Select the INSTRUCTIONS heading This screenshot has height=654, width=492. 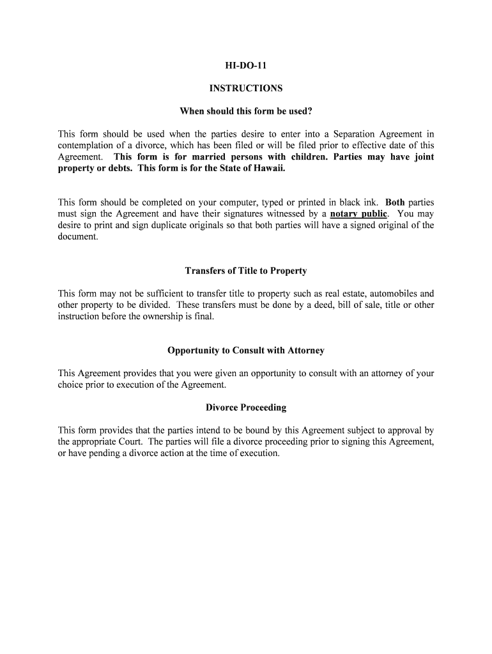(246, 88)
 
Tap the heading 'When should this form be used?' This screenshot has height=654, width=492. (246, 111)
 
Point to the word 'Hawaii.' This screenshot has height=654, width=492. (269, 168)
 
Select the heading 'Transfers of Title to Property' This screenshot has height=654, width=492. (246, 271)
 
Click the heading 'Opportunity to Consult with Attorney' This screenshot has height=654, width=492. (246, 351)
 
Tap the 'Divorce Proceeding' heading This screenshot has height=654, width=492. (246, 407)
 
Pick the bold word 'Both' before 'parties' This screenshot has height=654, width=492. (395, 202)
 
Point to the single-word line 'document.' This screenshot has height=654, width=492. (78, 236)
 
